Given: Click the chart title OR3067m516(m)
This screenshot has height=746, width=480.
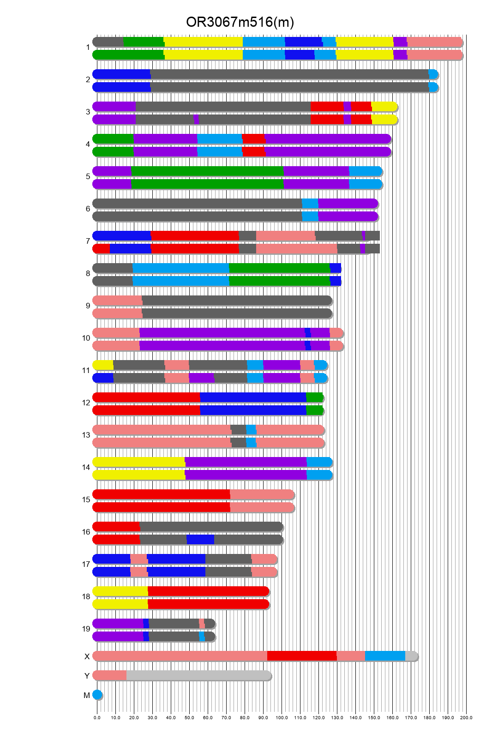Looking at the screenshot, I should click(x=240, y=22).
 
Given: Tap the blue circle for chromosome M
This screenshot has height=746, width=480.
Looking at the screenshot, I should click(x=97, y=695).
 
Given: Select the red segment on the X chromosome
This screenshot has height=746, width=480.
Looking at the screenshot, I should click(x=302, y=656).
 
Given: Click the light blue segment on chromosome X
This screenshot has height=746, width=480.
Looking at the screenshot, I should click(x=385, y=656).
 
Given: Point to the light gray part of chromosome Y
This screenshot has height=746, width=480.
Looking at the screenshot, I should click(x=198, y=675).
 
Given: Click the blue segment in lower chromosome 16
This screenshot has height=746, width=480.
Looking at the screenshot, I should click(x=200, y=540).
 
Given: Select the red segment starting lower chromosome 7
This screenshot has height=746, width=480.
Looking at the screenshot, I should click(x=102, y=249).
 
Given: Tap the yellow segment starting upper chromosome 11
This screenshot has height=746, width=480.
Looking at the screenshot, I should click(x=103, y=365).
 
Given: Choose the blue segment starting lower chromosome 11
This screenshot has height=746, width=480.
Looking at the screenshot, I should click(x=103, y=378).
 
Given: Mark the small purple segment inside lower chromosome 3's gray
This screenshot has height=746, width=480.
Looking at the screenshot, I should click(x=196, y=120).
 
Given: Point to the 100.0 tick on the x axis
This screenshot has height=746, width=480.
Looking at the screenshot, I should click(x=282, y=717).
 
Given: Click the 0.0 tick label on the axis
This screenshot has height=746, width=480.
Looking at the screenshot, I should click(x=97, y=717).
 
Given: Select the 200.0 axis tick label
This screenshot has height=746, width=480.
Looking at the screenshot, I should click(x=466, y=717).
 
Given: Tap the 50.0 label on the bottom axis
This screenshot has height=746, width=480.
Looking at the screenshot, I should click(x=189, y=717).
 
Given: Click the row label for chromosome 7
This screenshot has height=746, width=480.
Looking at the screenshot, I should click(x=88, y=241).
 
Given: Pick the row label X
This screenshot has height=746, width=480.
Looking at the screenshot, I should click(x=87, y=656).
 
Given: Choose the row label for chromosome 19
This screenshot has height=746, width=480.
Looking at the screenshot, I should click(x=86, y=629).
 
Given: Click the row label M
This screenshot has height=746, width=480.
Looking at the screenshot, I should click(x=87, y=695).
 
